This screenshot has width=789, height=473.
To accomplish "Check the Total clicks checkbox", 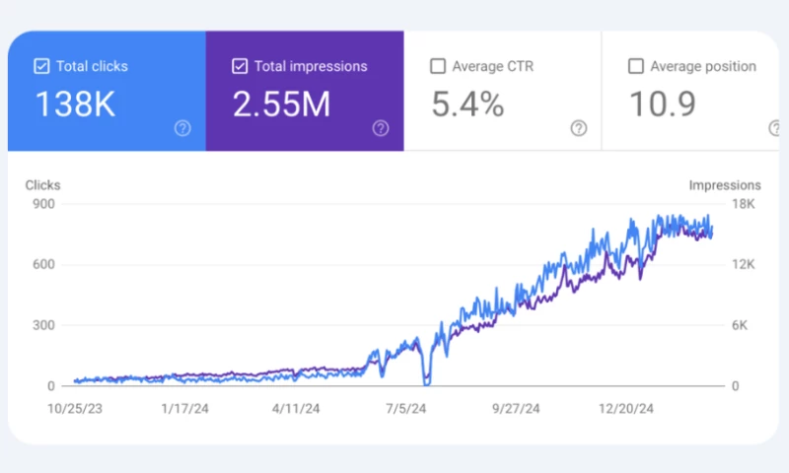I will point(41,67).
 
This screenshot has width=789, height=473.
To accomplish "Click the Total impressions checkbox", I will point(239,67).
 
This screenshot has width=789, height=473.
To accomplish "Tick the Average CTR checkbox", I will point(438,67).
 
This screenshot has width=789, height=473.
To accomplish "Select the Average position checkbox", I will point(636,67).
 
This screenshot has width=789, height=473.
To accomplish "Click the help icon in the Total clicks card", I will point(182,128).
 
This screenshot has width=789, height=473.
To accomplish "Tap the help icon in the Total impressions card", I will point(380,128).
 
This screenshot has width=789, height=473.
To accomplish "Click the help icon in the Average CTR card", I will point(579,128).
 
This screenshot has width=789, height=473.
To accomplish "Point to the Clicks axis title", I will point(42,184).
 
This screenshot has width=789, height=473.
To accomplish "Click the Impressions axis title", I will point(725,184).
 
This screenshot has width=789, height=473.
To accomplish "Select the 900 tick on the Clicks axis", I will point(43,204).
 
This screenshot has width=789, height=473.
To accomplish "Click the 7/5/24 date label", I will point(405,407).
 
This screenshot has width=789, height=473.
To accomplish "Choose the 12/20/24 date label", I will point(628,407).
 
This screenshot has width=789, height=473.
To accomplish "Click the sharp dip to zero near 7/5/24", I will point(426,382).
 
